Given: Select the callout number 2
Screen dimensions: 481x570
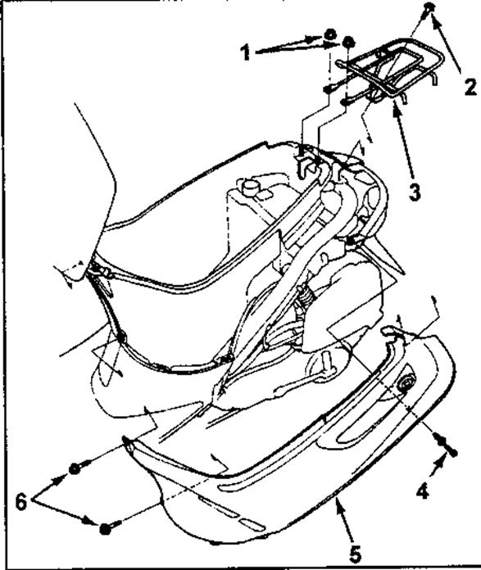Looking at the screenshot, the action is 470,87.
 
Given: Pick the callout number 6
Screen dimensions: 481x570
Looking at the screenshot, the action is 20,503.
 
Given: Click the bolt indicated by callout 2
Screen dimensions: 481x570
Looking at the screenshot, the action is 430,7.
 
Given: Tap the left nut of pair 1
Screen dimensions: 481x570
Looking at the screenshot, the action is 330,35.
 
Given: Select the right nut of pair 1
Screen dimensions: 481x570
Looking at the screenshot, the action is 348,42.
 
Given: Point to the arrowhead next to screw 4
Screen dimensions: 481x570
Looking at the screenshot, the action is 440,464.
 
